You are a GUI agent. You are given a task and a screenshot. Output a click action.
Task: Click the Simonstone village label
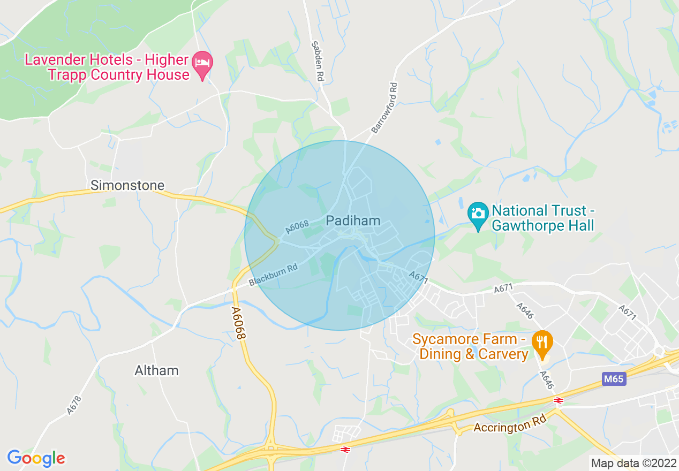coord(127,185)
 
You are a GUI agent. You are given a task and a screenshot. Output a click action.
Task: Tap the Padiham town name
coord(353,221)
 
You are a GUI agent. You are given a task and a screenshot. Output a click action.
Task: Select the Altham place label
coord(156,370)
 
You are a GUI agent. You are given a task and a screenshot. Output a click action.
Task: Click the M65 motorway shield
coord(613,379)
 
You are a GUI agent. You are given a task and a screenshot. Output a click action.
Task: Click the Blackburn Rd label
coord(273,275)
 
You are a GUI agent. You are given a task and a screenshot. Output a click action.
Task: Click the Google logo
coord(36,458)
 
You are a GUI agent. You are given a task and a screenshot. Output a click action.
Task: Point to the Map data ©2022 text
coord(633,463)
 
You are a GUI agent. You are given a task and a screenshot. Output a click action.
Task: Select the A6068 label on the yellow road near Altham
coord(239,323)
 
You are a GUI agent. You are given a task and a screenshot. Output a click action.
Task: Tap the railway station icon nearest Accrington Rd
coord(559,400)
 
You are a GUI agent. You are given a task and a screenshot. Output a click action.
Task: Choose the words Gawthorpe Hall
coord(543,226)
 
